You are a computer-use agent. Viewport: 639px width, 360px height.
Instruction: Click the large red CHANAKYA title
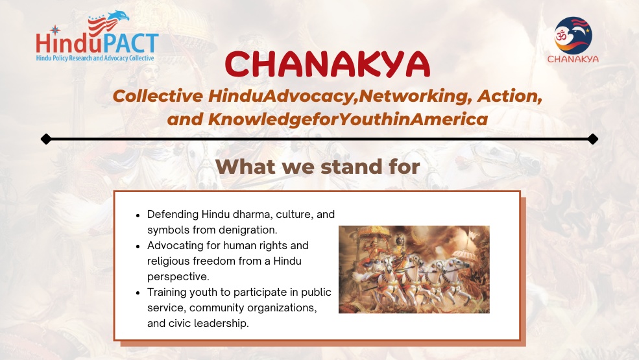pyautogui.click(x=327, y=64)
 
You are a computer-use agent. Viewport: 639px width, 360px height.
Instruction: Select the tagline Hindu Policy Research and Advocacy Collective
pyautogui.click(x=95, y=58)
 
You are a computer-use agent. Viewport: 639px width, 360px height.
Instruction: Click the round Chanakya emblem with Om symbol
pyautogui.click(x=573, y=36)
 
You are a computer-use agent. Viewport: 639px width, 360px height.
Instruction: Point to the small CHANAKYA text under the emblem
pyautogui.click(x=573, y=59)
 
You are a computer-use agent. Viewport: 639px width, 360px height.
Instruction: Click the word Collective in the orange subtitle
pyautogui.click(x=158, y=96)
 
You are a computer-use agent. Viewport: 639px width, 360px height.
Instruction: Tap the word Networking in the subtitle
pyautogui.click(x=415, y=96)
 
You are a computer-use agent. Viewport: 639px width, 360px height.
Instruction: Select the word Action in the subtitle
pyautogui.click(x=509, y=96)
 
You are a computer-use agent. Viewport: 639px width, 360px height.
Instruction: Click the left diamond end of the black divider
pyautogui.click(x=46, y=139)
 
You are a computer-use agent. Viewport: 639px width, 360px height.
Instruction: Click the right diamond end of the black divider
pyautogui.click(x=593, y=139)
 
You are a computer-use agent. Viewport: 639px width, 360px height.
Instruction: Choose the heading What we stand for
pyautogui.click(x=317, y=167)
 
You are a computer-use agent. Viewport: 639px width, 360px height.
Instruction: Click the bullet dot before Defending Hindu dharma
pyautogui.click(x=138, y=215)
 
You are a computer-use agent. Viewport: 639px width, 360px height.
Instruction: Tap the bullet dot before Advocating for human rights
pyautogui.click(x=138, y=246)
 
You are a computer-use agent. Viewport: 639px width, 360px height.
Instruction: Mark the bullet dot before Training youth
pyautogui.click(x=138, y=293)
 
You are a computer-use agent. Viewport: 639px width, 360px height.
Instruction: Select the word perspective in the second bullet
pyautogui.click(x=178, y=277)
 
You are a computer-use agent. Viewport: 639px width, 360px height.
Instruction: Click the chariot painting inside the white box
pyautogui.click(x=414, y=269)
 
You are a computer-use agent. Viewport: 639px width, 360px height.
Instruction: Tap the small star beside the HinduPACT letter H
pyautogui.click(x=55, y=30)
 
